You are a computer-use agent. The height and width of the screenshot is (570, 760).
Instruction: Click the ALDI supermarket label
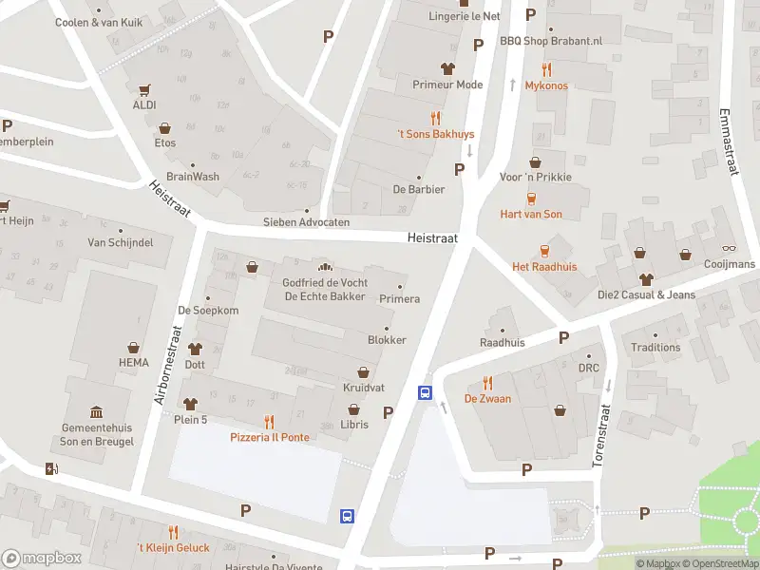[144, 104]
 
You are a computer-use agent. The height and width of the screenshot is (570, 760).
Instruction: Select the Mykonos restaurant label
[546, 85]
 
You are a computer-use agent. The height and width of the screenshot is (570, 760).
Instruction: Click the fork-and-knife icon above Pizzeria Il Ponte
[269, 421]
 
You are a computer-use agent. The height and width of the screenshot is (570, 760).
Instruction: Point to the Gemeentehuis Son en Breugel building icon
[96, 411]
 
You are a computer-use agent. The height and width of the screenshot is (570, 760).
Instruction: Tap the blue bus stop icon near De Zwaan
[425, 392]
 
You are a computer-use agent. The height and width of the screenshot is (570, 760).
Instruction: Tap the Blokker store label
[387, 340]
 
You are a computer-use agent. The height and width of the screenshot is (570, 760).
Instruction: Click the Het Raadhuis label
[544, 267]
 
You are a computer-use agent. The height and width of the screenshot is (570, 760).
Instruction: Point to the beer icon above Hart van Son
[531, 199]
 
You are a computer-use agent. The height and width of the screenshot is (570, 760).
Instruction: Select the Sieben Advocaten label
[306, 222]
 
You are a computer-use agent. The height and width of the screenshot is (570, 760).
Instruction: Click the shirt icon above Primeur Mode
[447, 68]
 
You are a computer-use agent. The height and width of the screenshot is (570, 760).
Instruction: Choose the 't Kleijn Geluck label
[173, 548]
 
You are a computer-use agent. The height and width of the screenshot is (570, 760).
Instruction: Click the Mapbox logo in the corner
[41, 559]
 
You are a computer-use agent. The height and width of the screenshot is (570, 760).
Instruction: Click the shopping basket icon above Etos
[165, 127]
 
